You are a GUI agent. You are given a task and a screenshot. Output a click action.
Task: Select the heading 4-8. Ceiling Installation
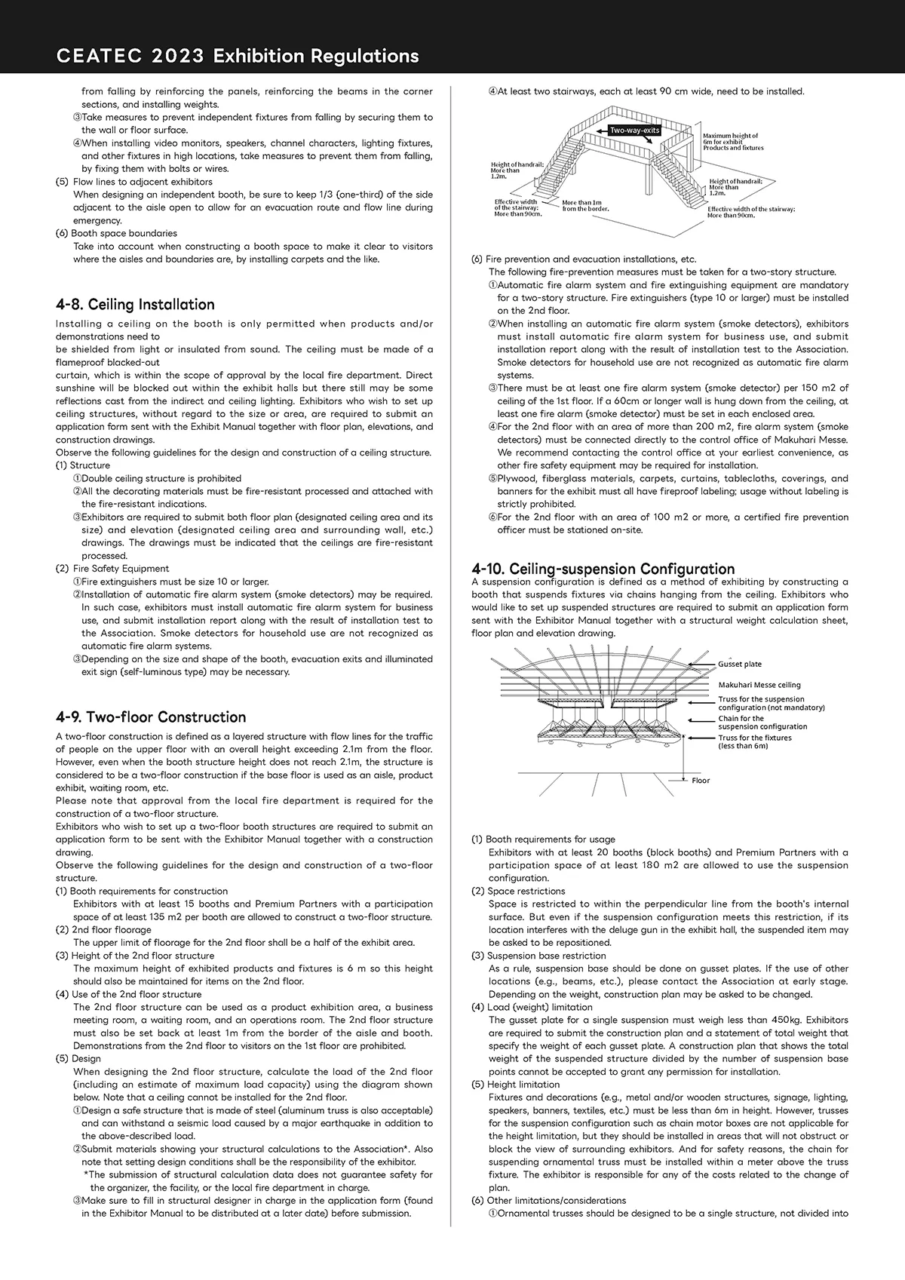click(135, 305)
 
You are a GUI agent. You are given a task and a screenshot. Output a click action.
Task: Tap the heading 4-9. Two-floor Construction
click(151, 717)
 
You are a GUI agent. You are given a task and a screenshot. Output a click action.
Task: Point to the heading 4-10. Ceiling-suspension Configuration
click(603, 569)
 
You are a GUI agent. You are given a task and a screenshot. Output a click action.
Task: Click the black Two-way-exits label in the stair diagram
click(635, 130)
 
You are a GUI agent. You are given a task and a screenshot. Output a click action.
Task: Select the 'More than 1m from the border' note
click(585, 205)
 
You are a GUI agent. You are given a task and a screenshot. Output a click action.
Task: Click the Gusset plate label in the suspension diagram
click(740, 665)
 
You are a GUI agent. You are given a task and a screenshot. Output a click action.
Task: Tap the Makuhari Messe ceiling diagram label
click(759, 685)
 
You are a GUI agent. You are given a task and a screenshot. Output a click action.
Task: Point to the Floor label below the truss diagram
click(701, 781)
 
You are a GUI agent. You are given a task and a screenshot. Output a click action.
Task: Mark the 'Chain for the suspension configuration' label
click(762, 723)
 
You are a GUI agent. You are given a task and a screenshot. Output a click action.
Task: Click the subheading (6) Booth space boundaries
click(117, 234)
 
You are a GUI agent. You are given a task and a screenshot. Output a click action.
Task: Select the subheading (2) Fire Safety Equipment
click(112, 569)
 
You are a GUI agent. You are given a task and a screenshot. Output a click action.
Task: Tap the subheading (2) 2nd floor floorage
click(103, 930)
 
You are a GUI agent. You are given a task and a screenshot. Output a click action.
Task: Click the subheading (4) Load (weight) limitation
click(532, 1007)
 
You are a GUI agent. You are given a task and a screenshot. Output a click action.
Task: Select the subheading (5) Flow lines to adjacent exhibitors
click(134, 182)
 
